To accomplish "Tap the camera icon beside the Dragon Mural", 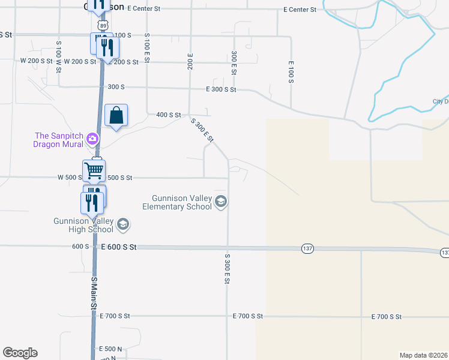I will (92, 139).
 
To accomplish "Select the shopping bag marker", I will (116, 115).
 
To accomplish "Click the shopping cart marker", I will (94, 170).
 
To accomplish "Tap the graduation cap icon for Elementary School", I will (221, 202).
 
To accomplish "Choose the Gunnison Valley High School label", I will (83, 225).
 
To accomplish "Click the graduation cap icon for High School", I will (123, 224).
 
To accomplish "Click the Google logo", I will (20, 353).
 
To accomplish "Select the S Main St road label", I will (94, 293).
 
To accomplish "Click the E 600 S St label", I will (119, 247).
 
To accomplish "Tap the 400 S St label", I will (168, 115).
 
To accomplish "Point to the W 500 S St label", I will (69, 178).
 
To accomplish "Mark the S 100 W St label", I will (59, 57).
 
